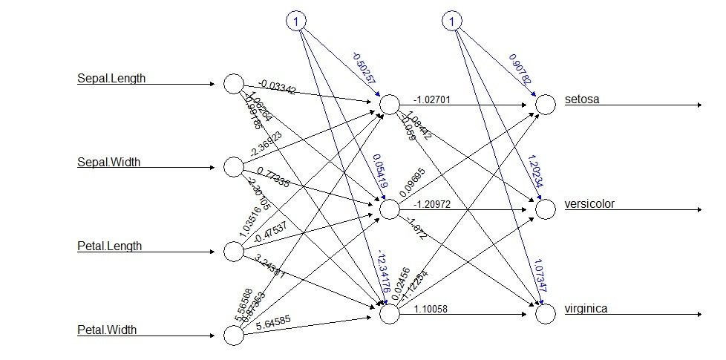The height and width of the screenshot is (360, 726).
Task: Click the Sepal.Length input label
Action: pyautogui.click(x=111, y=78)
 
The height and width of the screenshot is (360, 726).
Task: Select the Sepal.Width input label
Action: pyautogui.click(x=109, y=161)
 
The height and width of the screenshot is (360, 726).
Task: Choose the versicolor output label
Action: pyautogui.click(x=589, y=203)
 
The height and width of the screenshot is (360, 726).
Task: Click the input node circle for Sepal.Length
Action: pyautogui.click(x=233, y=84)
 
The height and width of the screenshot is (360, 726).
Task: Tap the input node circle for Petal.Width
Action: pyautogui.click(x=233, y=336)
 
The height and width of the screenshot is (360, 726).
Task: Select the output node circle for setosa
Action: pyautogui.click(x=546, y=105)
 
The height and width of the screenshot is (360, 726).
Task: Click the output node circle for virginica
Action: pyautogui.click(x=546, y=314)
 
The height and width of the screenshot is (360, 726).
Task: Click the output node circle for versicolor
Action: pyautogui.click(x=546, y=209)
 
